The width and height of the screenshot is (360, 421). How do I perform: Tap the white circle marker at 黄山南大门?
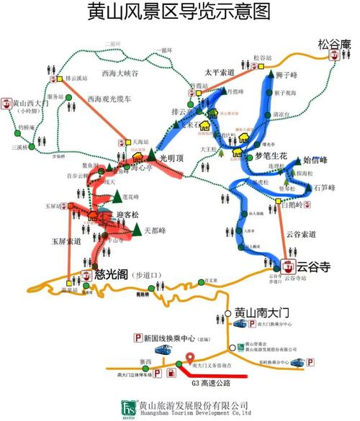pyautogui.click(x=228, y=313)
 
